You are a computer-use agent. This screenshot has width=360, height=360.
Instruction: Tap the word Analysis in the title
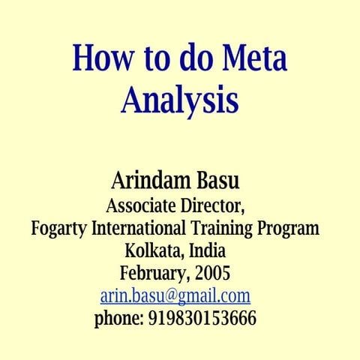(x=179, y=100)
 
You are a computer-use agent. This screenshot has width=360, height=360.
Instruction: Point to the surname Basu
(x=224, y=181)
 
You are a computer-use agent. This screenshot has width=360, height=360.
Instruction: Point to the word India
(x=207, y=250)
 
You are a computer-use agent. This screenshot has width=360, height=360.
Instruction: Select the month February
(x=153, y=273)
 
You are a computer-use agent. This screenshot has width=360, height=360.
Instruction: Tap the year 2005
(x=212, y=273)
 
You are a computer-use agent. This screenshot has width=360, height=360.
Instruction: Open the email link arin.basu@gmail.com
(x=175, y=295)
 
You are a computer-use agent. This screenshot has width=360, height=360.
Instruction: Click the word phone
(x=118, y=319)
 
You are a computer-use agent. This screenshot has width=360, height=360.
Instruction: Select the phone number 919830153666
(x=202, y=319)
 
